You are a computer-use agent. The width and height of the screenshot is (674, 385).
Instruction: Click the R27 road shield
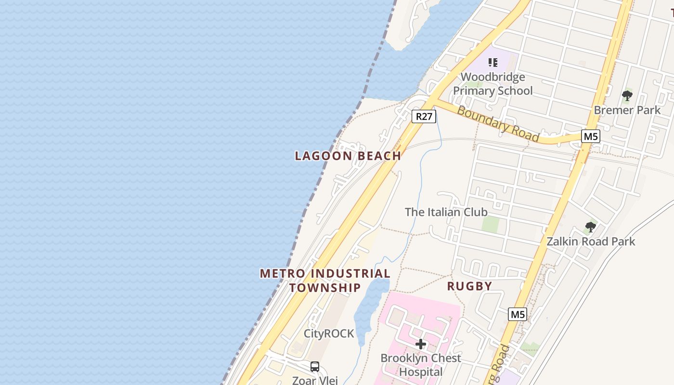pyautogui.click(x=424, y=116)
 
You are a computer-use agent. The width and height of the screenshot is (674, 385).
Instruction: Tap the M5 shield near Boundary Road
pyautogui.click(x=590, y=136)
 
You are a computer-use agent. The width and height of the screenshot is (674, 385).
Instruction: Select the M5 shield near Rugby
pyautogui.click(x=518, y=314)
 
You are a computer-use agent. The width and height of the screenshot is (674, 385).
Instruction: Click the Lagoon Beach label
pyautogui.click(x=348, y=155)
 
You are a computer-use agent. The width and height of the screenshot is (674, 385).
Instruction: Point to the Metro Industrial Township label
pyautogui.click(x=325, y=280)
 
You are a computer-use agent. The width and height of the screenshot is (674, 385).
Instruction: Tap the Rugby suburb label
pyautogui.click(x=469, y=286)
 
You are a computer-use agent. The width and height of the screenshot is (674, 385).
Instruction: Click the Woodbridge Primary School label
pyautogui.click(x=493, y=84)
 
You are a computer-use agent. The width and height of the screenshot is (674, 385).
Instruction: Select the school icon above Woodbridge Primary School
pyautogui.click(x=493, y=62)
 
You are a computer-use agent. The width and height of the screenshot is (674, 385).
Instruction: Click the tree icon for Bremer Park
pyautogui.click(x=627, y=95)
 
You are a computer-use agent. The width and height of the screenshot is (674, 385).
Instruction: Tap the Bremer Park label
pyautogui.click(x=627, y=110)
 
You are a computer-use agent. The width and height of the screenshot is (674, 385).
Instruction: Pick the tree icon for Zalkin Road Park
pyautogui.click(x=590, y=227)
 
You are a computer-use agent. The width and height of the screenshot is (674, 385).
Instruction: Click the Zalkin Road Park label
pyautogui.click(x=591, y=241)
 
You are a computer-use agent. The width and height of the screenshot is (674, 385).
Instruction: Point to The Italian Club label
pyautogui.click(x=446, y=212)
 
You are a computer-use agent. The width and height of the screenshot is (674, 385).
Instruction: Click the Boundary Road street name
pyautogui.click(x=498, y=124)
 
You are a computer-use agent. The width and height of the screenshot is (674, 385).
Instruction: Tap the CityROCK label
pyautogui.click(x=329, y=334)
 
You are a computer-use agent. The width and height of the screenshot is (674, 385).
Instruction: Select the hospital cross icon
pyautogui.click(x=421, y=344)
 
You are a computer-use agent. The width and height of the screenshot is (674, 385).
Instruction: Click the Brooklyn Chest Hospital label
pyautogui.click(x=421, y=365)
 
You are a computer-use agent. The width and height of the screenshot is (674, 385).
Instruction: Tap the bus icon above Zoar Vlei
pyautogui.click(x=315, y=367)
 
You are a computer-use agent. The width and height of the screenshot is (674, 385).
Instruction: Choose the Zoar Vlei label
pyautogui.click(x=315, y=380)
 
